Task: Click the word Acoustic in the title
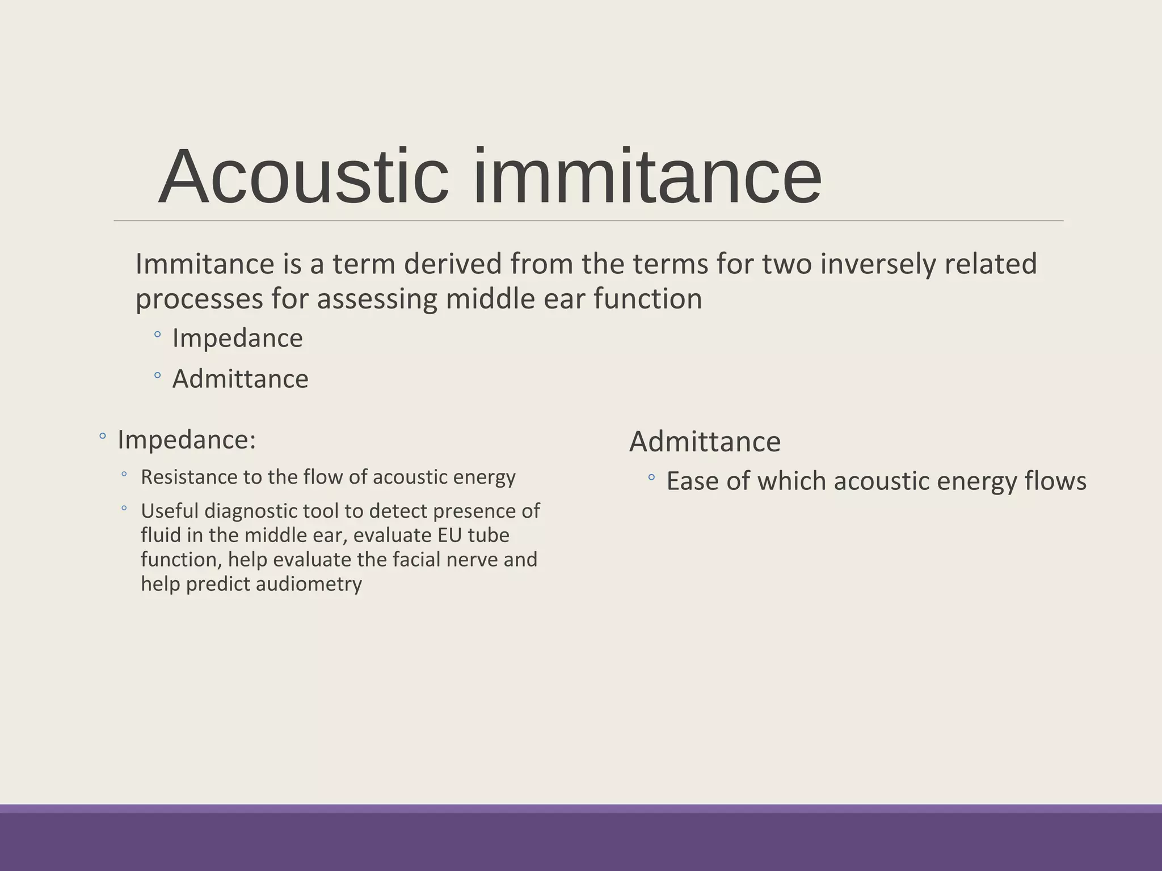pos(304,177)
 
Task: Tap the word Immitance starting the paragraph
pos(204,264)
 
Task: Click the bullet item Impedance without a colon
pos(237,339)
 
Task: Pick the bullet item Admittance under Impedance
pos(240,379)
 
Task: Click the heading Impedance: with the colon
pos(187,440)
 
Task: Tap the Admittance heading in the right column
pos(705,442)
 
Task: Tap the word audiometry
pos(309,584)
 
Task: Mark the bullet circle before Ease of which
pos(651,478)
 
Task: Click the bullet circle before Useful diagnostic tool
pos(124,509)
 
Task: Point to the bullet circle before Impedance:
pos(102,436)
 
